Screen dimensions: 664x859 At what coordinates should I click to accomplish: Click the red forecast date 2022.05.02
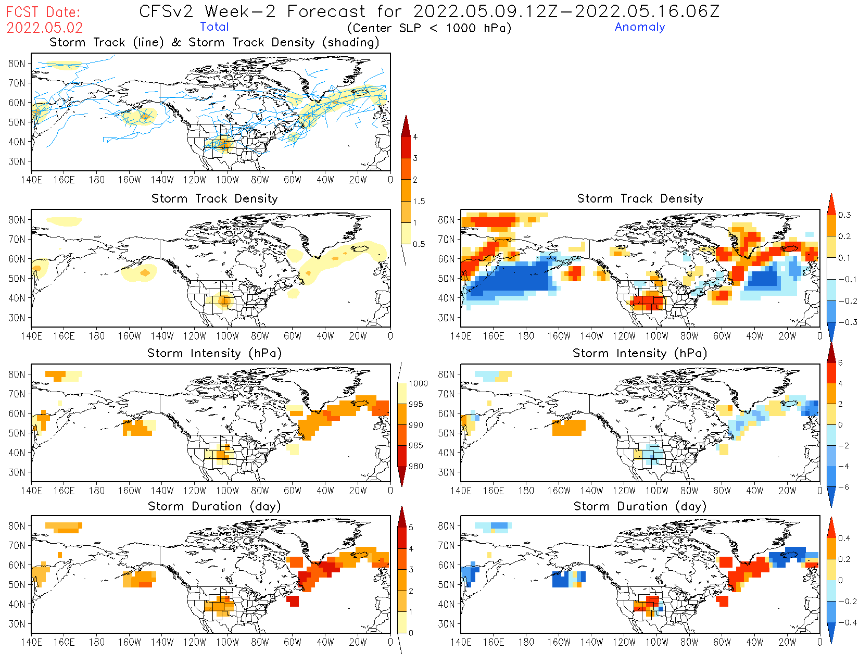44,28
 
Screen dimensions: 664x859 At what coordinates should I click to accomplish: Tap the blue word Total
214,27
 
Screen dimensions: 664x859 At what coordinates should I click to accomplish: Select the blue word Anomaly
639,27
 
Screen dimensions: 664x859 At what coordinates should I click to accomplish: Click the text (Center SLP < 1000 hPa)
429,28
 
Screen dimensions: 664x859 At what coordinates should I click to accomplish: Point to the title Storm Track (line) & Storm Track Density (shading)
214,42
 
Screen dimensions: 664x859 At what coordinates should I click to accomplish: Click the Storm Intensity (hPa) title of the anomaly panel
640,353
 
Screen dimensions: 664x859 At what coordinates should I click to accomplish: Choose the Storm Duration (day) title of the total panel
214,506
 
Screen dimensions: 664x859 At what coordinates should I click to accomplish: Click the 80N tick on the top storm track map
17,64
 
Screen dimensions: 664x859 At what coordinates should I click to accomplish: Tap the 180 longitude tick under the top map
97,180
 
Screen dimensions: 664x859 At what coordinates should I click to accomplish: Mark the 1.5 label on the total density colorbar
419,201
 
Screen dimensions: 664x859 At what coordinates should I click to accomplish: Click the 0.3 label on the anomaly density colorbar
844,215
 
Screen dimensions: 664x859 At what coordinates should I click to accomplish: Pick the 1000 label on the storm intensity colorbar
418,383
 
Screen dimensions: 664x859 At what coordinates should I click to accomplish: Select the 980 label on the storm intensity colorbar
415,466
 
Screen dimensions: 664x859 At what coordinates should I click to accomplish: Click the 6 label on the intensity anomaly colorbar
840,362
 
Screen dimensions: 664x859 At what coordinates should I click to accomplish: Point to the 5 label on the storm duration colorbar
411,528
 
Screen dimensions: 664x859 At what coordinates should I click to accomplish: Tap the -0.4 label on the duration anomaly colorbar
847,622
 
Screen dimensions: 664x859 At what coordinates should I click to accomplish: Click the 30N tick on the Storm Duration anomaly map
446,624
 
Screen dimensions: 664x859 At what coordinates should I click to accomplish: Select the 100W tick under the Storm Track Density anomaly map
656,336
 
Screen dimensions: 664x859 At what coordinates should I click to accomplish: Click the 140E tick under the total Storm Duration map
31,642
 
